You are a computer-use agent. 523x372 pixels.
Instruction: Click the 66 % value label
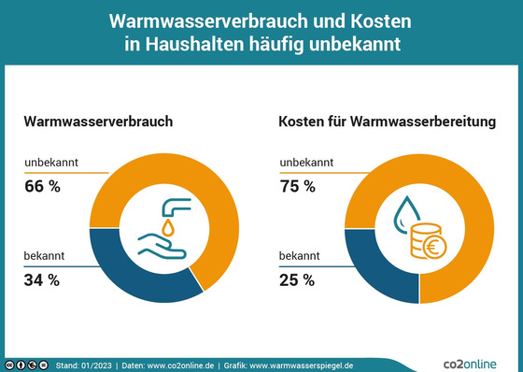tap(42, 187)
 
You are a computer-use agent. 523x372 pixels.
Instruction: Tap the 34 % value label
tap(42, 279)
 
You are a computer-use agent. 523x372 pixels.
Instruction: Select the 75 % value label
tap(298, 187)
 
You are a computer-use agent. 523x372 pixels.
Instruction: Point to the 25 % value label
tap(298, 279)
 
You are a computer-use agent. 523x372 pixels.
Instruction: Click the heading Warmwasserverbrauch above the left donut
tap(98, 122)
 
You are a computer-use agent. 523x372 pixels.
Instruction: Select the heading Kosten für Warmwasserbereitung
tap(386, 122)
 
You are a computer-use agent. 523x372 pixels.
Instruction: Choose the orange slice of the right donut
tap(467, 215)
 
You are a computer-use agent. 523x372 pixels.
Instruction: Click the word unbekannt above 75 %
tap(304, 165)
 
